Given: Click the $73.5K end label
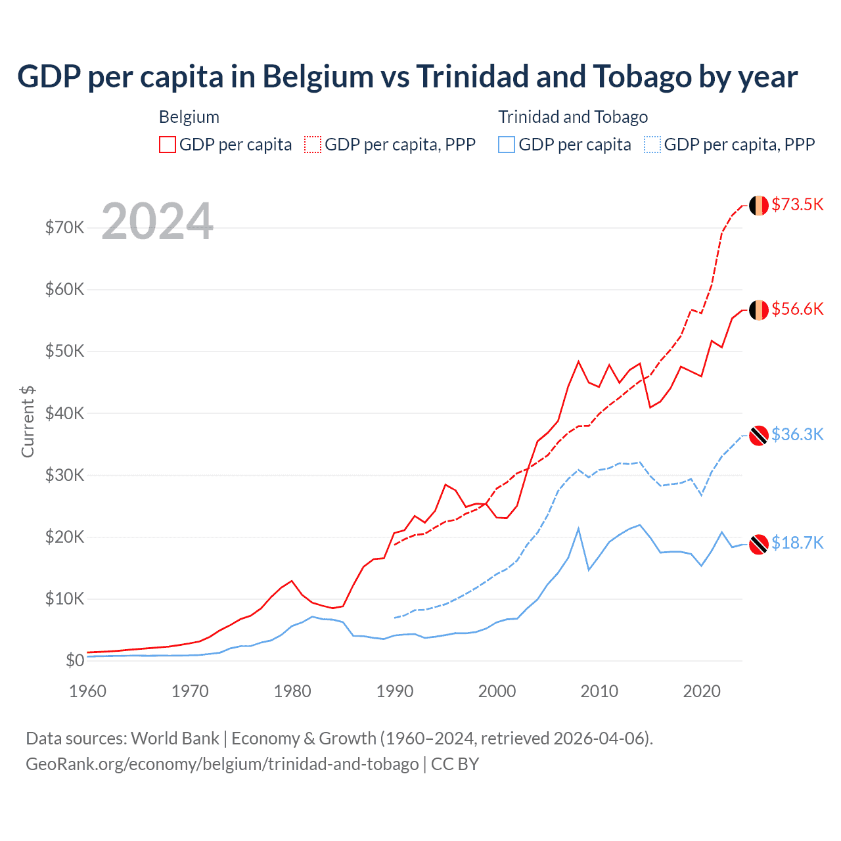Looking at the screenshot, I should pos(797,204).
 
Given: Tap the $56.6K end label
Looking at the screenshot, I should pos(797,309).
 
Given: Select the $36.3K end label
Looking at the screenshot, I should pos(797,434).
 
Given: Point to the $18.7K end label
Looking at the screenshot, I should pos(797,543).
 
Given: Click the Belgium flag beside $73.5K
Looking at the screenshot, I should pos(759,205).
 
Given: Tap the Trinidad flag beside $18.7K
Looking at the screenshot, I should pos(759,544).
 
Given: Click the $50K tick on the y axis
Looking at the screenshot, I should pos(64,351).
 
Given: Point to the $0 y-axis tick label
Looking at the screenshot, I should pos(75,660).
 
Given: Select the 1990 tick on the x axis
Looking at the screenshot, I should pos(395,691).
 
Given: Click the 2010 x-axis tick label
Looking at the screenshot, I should pos(599,691).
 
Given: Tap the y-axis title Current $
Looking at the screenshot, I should pos(28,422).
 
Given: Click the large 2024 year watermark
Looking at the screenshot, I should pos(158,221).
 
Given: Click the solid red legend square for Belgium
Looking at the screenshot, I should pos(168,145).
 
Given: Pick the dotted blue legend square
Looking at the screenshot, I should pos(652,145).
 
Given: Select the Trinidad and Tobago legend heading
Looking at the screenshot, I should pos(573,117).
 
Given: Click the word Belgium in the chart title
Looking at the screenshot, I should pos(318,77).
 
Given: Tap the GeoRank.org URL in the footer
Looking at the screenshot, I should pos(222,764).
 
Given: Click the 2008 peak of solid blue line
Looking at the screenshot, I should pos(578,528).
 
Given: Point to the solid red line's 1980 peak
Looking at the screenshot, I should pos(292,581).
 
